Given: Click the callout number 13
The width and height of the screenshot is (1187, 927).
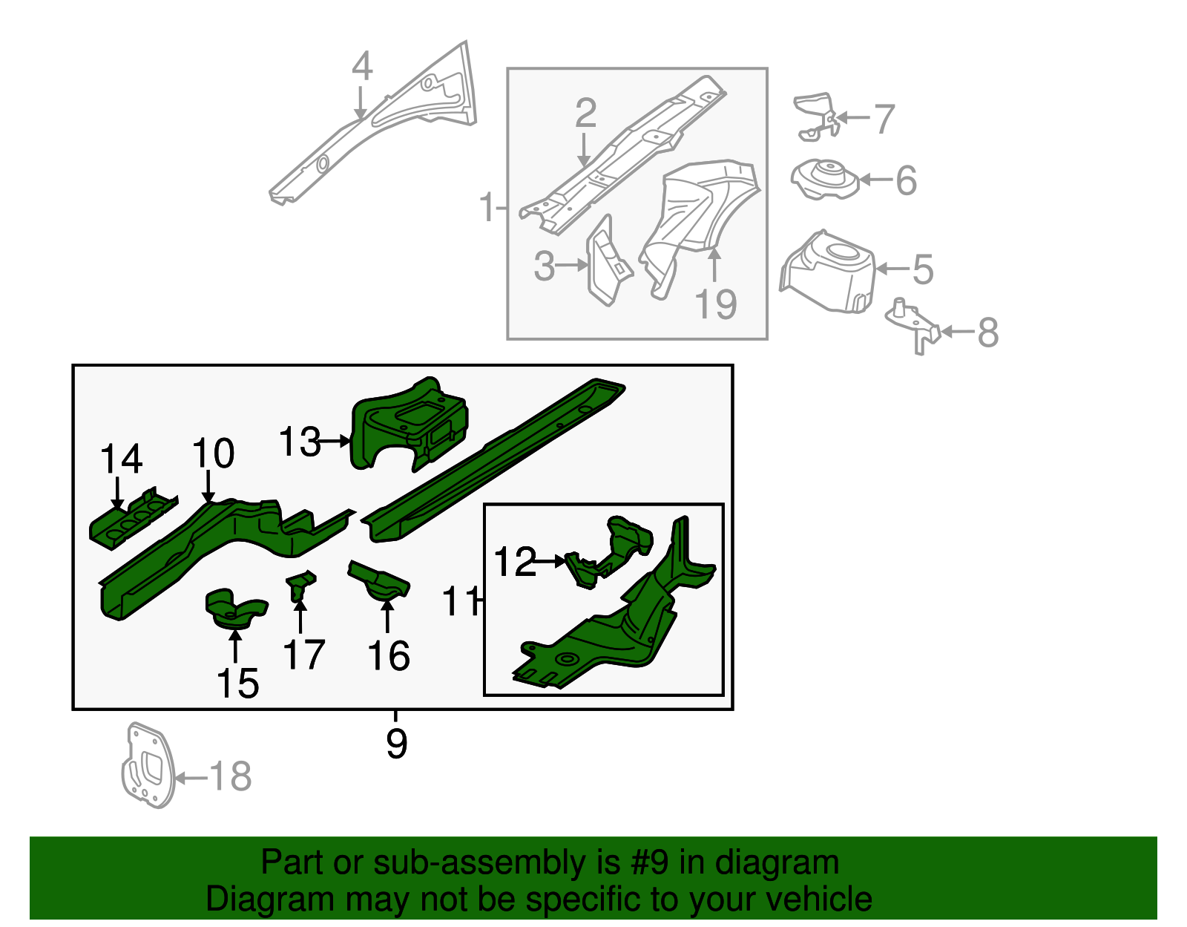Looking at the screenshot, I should pos(299,442).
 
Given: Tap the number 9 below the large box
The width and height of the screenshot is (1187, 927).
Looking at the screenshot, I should pos(396,743).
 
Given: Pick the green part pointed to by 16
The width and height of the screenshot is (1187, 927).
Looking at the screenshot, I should pos(380,582).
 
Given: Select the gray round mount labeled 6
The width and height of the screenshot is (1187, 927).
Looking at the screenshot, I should pos(824,180).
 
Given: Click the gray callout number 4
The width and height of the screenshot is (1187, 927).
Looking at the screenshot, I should pos(361,67).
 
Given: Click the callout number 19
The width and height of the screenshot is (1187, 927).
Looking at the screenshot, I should pos(715,304).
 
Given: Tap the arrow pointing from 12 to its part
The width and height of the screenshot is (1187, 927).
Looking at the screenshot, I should pos(550,562).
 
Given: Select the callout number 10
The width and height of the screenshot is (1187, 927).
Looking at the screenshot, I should pos(213,453).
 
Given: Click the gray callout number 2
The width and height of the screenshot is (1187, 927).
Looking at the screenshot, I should pos(585,113).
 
